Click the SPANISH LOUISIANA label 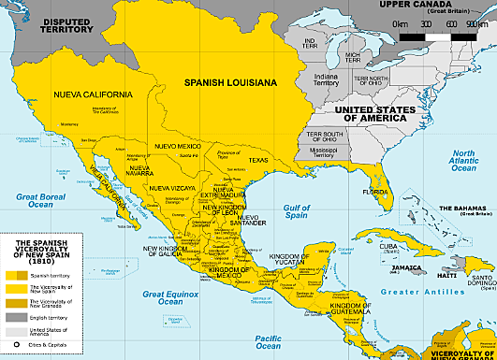coord(229,83)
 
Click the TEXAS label coord(257,160)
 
